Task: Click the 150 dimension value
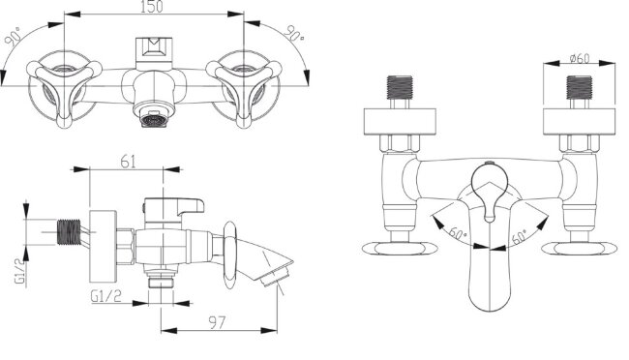point(152,7)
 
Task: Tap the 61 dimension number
point(128,162)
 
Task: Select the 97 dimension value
point(218,322)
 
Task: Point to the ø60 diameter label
point(580,59)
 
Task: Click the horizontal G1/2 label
point(105,296)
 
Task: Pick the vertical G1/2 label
point(20,271)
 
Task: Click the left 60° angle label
point(458,233)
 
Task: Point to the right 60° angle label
point(521,236)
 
